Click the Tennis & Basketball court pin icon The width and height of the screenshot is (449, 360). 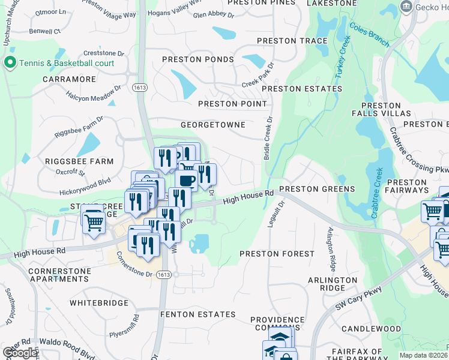(10, 63)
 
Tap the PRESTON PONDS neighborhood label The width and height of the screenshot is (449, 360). (199, 59)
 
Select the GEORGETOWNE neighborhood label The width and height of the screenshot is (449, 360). (213, 125)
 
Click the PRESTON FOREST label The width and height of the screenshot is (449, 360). (277, 254)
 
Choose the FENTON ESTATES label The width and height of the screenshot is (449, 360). (198, 314)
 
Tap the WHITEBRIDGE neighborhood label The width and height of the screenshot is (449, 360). (98, 304)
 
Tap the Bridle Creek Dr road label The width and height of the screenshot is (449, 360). (267, 138)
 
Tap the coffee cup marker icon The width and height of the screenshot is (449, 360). (186, 179)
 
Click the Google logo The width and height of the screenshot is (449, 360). (20, 353)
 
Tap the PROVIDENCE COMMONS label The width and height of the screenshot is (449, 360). (277, 324)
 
